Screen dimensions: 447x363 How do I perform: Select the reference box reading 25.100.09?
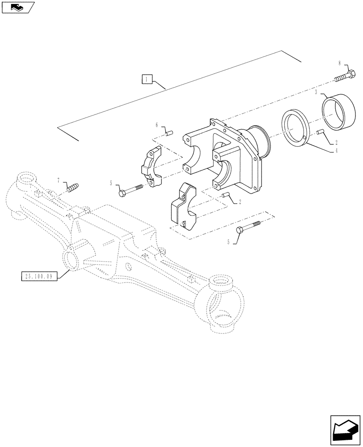coord(38,276)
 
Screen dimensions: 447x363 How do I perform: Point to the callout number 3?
coord(316,92)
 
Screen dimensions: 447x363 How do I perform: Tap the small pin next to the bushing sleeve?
coord(320,132)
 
